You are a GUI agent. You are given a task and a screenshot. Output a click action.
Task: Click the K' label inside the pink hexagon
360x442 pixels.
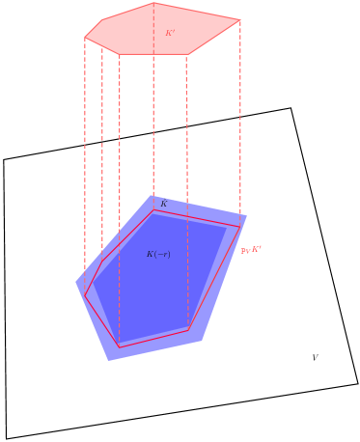click(x=170, y=33)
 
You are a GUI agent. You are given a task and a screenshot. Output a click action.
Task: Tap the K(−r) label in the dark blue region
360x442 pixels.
click(x=158, y=254)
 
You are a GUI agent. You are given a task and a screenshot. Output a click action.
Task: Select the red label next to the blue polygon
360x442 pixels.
click(x=251, y=250)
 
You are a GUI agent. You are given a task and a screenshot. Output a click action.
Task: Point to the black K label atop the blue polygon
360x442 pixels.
click(x=163, y=204)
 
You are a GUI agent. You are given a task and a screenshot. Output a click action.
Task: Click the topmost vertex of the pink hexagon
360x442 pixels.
click(x=153, y=3)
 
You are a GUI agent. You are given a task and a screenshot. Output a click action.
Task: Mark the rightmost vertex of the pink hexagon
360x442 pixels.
click(x=240, y=20)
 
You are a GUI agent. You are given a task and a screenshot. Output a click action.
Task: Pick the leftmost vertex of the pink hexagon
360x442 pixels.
click(x=85, y=38)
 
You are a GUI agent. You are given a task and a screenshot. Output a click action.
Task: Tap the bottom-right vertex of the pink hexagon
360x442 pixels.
click(x=188, y=54)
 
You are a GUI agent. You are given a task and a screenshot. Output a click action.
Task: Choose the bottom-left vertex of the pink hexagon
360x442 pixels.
click(x=120, y=54)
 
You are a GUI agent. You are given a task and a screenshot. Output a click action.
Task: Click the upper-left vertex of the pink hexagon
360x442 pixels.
click(x=102, y=20)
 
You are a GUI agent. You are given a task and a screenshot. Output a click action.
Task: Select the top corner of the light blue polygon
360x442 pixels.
click(x=152, y=196)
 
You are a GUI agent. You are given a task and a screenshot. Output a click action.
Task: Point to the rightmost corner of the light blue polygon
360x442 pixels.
click(x=247, y=215)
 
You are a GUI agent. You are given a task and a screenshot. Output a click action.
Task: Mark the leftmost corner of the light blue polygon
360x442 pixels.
click(x=75, y=283)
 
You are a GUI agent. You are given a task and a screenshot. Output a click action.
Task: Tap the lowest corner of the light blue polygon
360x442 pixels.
click(x=108, y=361)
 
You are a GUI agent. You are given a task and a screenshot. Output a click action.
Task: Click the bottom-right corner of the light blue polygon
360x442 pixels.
click(x=202, y=340)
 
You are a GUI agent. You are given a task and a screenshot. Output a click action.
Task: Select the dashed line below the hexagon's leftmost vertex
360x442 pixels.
click(x=85, y=154)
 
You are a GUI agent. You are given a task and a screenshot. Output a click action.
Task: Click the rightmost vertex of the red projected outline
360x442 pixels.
click(x=240, y=228)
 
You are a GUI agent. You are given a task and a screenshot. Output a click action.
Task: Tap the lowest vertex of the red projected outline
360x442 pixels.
click(x=120, y=347)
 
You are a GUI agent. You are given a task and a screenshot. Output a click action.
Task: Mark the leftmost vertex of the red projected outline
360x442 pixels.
click(x=85, y=295)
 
